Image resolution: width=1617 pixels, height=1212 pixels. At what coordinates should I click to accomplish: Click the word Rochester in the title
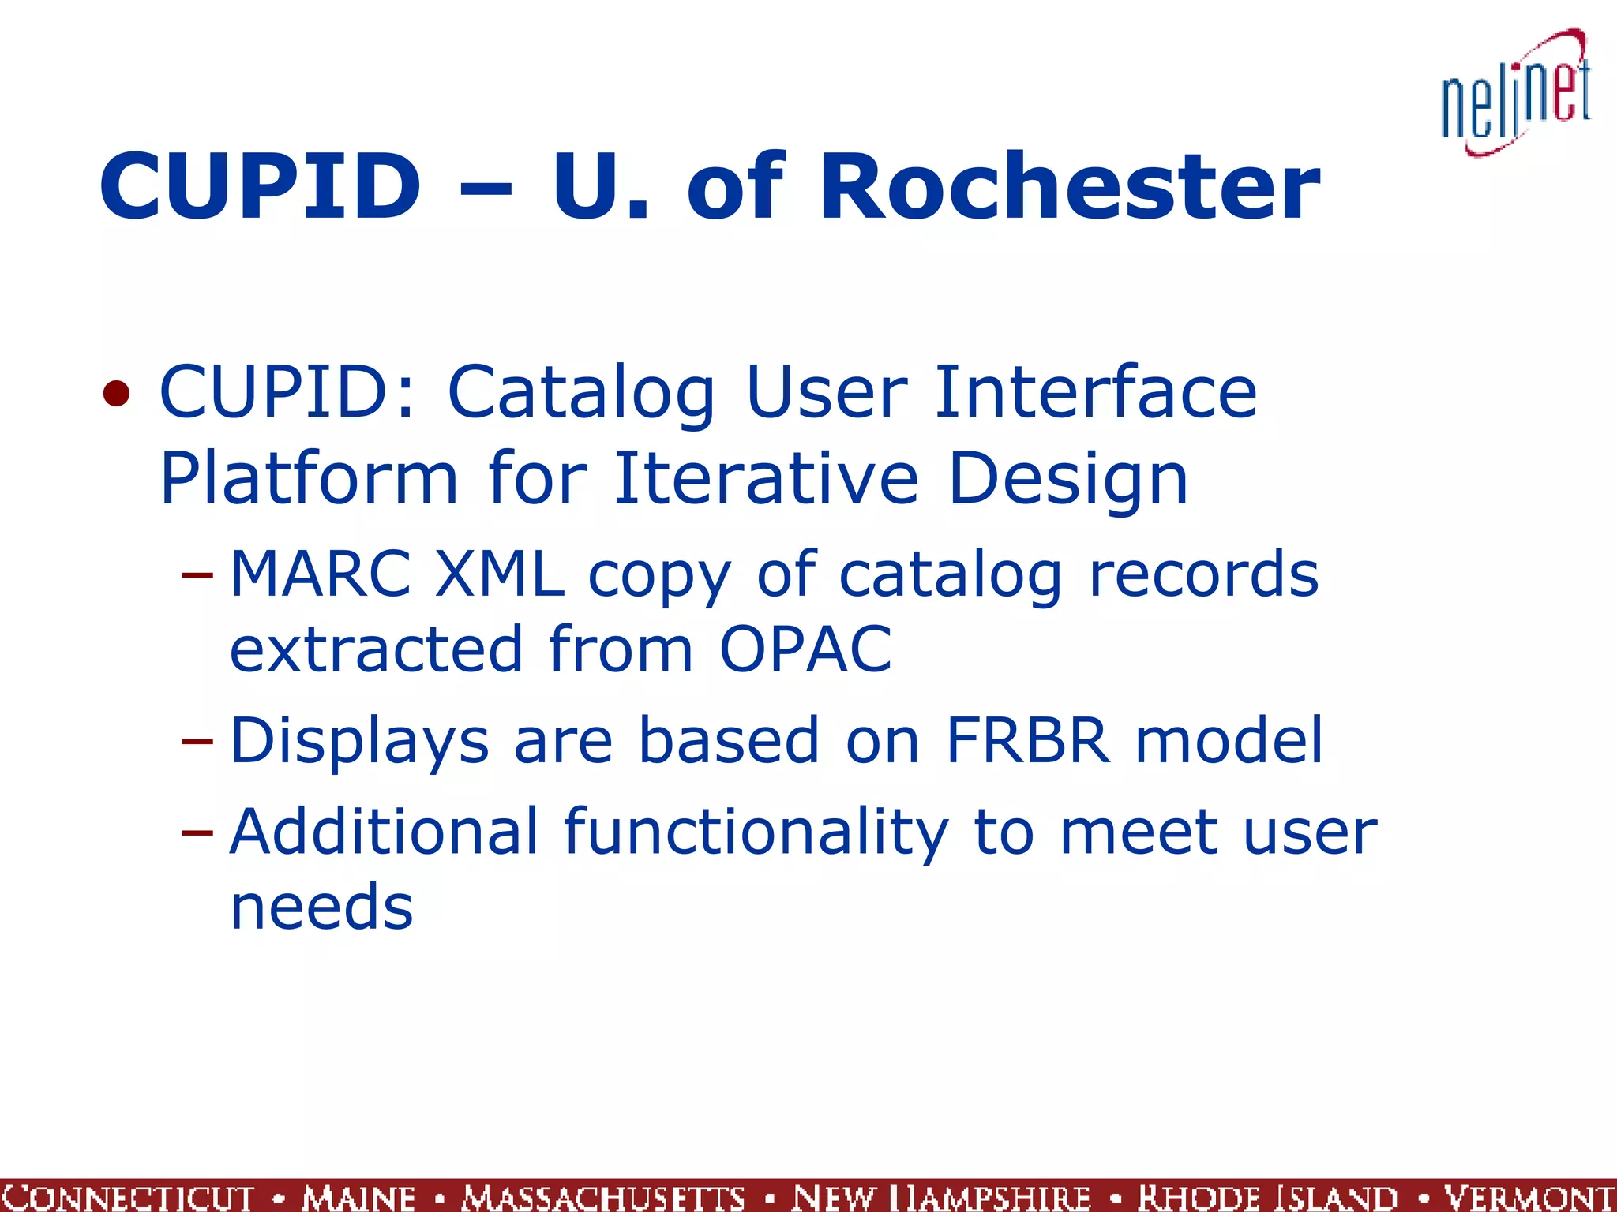click(x=1069, y=188)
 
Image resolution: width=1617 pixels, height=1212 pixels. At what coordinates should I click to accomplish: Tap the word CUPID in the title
click(x=261, y=188)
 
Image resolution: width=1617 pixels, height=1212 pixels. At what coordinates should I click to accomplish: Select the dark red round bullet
click(x=116, y=393)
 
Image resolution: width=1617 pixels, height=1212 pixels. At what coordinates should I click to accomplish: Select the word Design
click(x=1067, y=481)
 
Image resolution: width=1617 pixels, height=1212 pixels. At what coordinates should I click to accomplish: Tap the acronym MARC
click(x=321, y=574)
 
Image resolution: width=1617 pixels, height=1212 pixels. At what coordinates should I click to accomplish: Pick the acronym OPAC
click(x=805, y=649)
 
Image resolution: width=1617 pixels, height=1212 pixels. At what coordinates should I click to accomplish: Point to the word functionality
click(x=756, y=833)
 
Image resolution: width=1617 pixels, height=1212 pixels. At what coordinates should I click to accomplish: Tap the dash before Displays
click(x=197, y=741)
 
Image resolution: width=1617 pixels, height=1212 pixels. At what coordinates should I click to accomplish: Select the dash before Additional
click(x=197, y=832)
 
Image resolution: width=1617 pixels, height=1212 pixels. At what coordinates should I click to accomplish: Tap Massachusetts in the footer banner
click(x=604, y=1197)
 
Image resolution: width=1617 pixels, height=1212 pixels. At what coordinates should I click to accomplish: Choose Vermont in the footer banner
click(x=1529, y=1197)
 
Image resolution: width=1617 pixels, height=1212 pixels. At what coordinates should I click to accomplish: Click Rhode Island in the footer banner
click(x=1268, y=1197)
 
